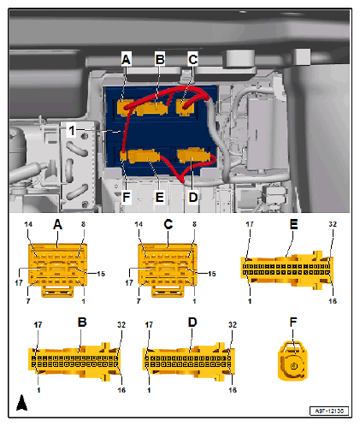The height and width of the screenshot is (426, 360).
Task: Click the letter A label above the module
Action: [x=126, y=59]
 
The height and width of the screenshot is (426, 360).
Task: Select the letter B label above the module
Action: [x=160, y=59]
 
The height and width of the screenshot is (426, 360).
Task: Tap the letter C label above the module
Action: [x=193, y=59]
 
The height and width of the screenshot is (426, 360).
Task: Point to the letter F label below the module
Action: [x=127, y=197]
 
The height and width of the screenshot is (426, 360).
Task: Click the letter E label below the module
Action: [x=160, y=197]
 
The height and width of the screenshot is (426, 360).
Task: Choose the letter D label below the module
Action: [x=193, y=197]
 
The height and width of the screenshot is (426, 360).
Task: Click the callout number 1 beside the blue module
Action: [x=72, y=131]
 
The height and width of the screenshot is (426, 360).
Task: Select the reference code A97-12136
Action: [x=329, y=411]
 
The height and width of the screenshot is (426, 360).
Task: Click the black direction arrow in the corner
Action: [x=21, y=402]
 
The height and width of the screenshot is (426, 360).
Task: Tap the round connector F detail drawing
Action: [x=293, y=361]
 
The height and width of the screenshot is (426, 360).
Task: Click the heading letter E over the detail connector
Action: [x=294, y=224]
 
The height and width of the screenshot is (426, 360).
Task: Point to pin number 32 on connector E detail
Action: [x=333, y=224]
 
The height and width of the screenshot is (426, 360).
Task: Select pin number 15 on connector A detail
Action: [x=101, y=274]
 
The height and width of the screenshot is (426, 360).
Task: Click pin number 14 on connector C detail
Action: [x=139, y=224]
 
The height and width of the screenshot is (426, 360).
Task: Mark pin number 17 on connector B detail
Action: [x=38, y=325]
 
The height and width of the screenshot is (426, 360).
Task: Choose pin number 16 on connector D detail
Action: [x=233, y=390]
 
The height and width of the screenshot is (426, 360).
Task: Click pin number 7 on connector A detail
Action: [x=28, y=301]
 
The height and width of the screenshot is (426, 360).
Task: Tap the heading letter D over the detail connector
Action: [x=192, y=322]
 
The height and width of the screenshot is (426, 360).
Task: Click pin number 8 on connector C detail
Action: [x=194, y=224]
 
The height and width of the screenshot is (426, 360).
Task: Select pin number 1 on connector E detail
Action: [x=250, y=301]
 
